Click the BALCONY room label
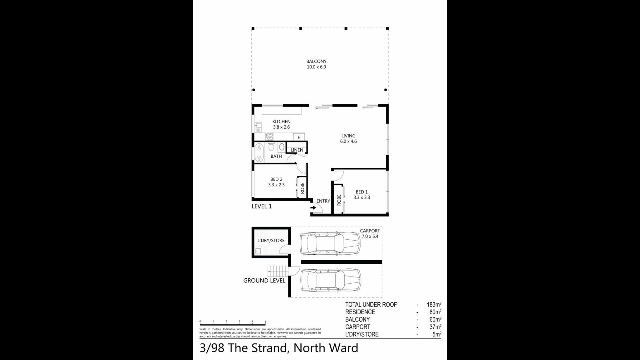tap(316, 64)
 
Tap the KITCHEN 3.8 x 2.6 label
tap(281, 124)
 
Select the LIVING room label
tap(348, 138)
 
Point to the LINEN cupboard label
tap(297, 150)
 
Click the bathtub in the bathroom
tap(259, 153)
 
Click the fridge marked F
tap(299, 137)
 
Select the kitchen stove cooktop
tap(269, 137)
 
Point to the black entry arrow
tap(313, 208)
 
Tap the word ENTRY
tap(323, 201)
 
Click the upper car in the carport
tap(330, 244)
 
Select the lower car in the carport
tap(331, 280)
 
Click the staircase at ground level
tap(278, 271)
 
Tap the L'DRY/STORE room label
tap(271, 240)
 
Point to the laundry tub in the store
tap(258, 251)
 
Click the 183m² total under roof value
tap(434, 304)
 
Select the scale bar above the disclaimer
tap(233, 323)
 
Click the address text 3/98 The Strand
tap(243, 348)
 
